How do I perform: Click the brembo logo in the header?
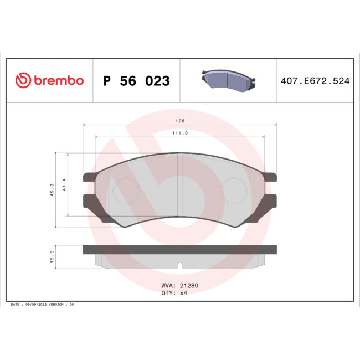pyautogui.click(x=49, y=81)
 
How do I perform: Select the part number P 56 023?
pyautogui.click(x=136, y=81)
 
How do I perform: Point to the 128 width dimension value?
pyautogui.click(x=179, y=120)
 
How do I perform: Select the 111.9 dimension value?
pyautogui.click(x=179, y=133)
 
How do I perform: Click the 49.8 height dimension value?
pyautogui.click(x=52, y=190)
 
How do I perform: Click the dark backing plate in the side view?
pyautogui.click(x=179, y=249)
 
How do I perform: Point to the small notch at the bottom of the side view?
pyautogui.click(x=179, y=266)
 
